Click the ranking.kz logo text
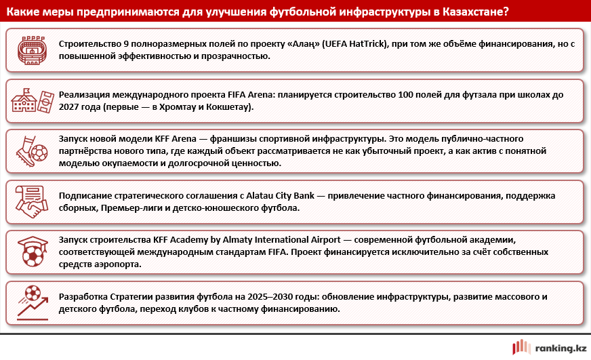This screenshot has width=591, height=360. [560, 348]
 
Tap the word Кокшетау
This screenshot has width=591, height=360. [230, 107]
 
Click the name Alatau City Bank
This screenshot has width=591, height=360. [274, 196]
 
